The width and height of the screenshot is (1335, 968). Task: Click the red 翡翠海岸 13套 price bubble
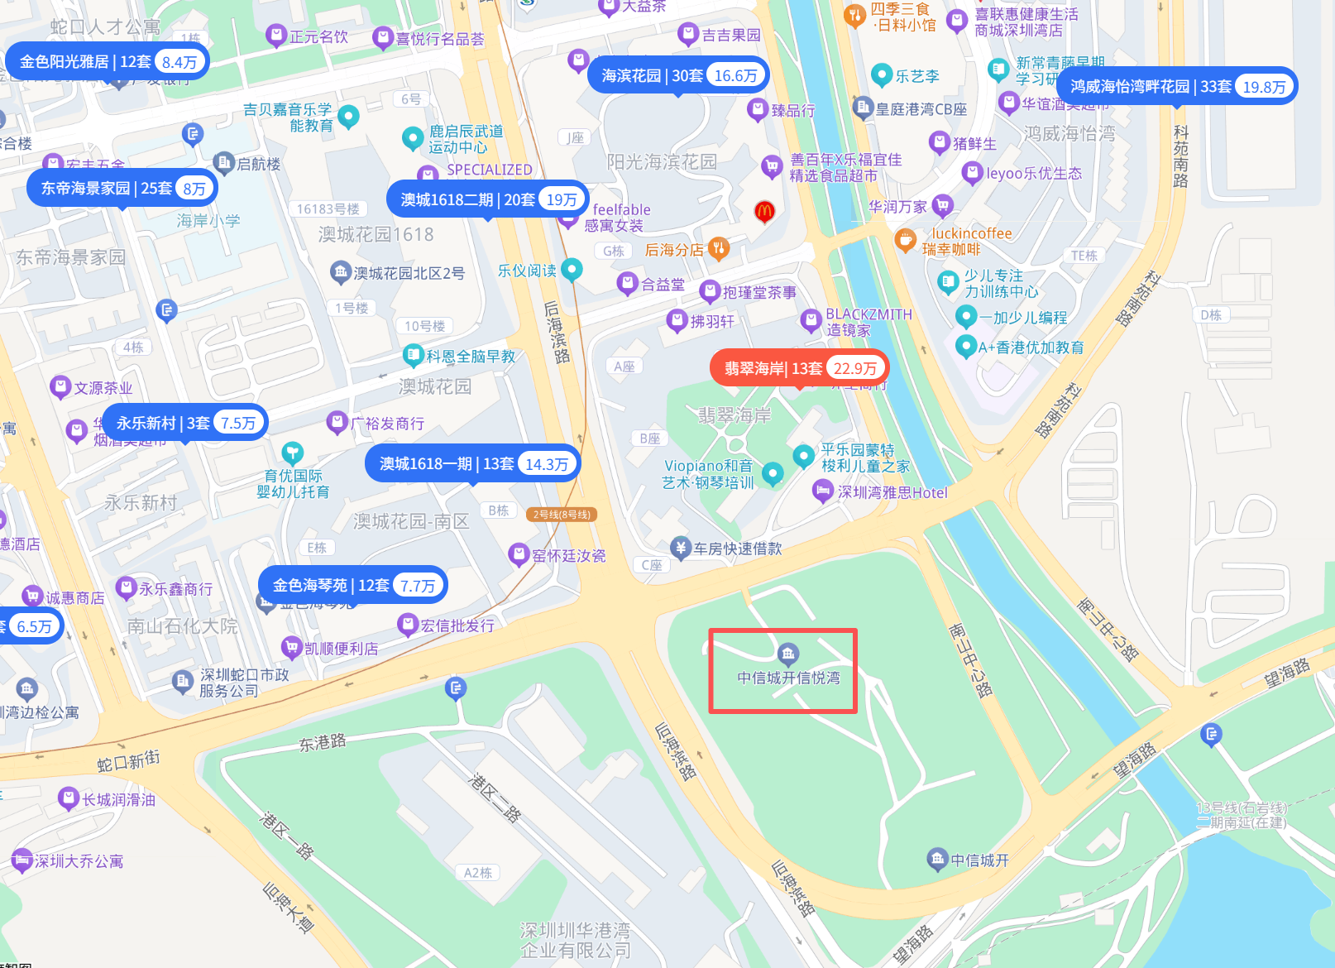click(x=799, y=368)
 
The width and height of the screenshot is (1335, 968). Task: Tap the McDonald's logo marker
click(x=764, y=211)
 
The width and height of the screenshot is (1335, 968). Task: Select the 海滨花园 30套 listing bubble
click(x=678, y=75)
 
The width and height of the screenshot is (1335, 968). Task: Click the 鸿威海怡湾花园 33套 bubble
click(x=1177, y=86)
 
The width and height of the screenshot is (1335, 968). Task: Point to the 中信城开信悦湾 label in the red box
click(x=788, y=678)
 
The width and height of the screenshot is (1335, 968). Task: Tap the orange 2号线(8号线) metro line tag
click(x=562, y=515)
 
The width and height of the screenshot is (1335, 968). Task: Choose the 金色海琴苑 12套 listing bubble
click(x=353, y=585)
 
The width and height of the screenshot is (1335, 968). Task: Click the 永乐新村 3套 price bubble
click(x=184, y=423)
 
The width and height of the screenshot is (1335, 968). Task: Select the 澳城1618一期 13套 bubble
click(x=472, y=463)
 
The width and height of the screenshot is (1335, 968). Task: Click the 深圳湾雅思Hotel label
click(x=892, y=492)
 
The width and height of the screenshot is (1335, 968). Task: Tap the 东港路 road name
click(x=322, y=742)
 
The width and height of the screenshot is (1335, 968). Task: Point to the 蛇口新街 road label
click(x=128, y=760)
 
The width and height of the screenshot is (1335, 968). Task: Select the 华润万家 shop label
click(x=897, y=206)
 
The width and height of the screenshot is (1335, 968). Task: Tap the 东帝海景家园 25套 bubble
click(x=122, y=188)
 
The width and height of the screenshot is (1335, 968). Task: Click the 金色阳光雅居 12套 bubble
click(x=108, y=61)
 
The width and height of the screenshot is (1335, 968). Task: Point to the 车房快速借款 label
click(x=736, y=548)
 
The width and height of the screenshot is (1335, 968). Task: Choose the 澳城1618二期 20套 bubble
click(x=488, y=199)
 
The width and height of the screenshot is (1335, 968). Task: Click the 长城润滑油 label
click(x=118, y=799)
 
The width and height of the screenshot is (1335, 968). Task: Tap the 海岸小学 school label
click(x=208, y=220)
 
